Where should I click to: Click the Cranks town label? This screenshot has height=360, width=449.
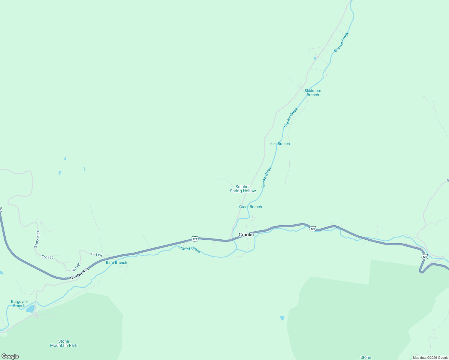246,235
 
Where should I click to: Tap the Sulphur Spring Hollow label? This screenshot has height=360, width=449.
243,189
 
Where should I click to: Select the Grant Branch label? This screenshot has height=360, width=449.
250,207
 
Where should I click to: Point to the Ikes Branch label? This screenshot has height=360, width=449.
279,144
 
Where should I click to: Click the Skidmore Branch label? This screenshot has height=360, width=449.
313,93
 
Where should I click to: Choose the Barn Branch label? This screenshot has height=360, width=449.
116,262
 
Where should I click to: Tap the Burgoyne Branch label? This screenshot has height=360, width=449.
19,304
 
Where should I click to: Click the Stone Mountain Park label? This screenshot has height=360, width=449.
64,343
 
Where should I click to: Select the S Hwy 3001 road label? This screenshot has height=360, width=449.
37,239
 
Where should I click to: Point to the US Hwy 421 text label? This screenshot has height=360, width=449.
79,273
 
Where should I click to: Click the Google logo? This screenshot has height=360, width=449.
10,356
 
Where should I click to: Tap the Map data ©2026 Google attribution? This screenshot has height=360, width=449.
430,358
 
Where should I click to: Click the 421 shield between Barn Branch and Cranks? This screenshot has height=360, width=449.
195,239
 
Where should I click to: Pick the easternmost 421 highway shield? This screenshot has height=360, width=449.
424,256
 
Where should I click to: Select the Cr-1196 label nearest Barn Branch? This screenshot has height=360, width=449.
97,255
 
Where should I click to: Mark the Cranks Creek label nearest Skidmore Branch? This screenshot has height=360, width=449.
291,117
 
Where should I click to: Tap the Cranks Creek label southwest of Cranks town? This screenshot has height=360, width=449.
189,249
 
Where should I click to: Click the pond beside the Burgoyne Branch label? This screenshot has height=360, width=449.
30,309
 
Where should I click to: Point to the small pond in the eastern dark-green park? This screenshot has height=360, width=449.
282,318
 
